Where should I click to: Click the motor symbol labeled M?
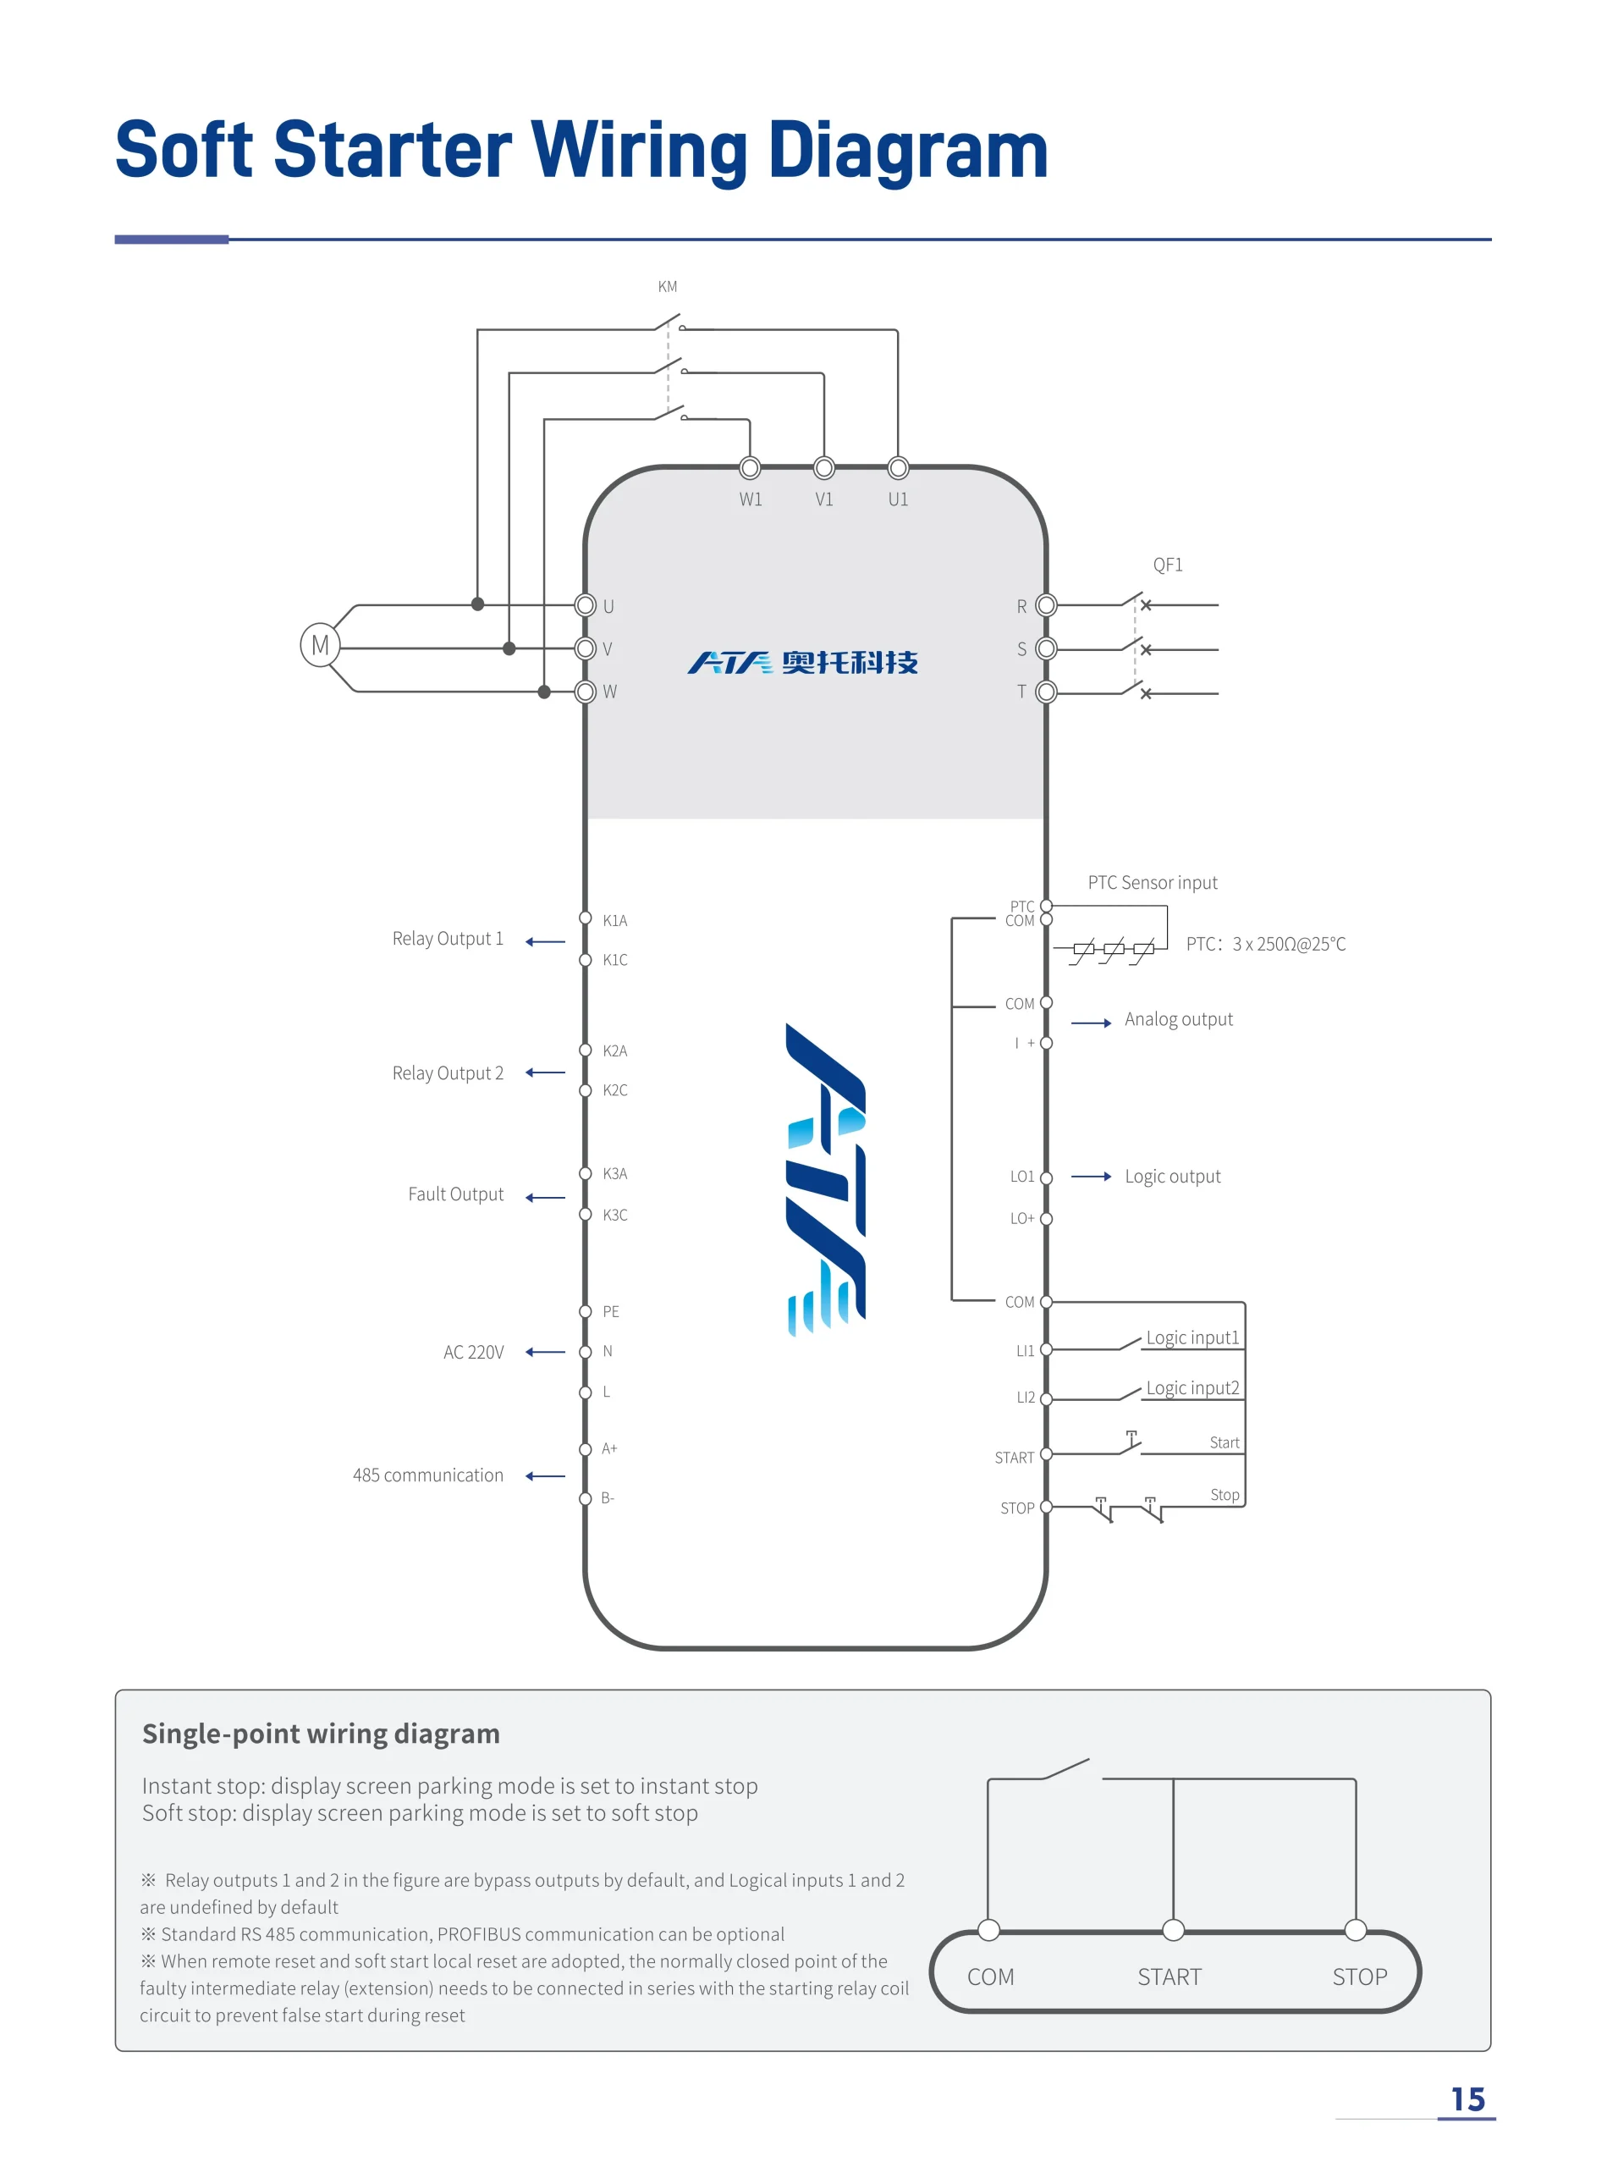pos(320,645)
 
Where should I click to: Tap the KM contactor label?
pos(668,287)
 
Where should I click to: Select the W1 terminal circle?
pos(750,468)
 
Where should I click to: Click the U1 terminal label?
pos(898,499)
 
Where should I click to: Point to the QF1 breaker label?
pos(1167,565)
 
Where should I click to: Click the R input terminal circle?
pos(1047,605)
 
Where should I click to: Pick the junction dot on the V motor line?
pos(509,648)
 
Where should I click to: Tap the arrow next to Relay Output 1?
pos(545,942)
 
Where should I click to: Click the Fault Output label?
pos(455,1194)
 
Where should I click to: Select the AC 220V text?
pos(474,1352)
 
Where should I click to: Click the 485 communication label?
pos(428,1475)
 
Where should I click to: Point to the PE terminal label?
pos(611,1312)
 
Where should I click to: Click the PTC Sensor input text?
pos(1153,883)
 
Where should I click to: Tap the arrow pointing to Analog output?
pos(1092,1023)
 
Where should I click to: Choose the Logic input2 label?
pos(1192,1387)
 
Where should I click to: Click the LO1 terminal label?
pos(1022,1177)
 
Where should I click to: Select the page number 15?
pos(1468,2100)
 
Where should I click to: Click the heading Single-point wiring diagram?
pos(321,1734)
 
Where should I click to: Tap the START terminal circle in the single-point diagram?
pos(1174,1930)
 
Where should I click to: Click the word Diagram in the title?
pos(909,152)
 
